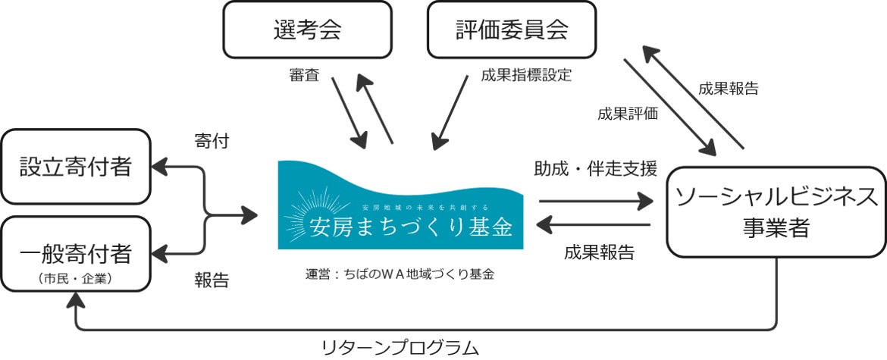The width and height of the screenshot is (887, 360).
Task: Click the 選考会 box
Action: click(x=307, y=30)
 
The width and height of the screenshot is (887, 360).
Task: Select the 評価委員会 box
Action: click(x=513, y=30)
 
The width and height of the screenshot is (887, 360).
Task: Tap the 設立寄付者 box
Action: click(x=75, y=166)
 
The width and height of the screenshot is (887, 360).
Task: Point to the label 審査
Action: click(x=306, y=75)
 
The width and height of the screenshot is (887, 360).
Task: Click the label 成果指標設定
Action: click(x=525, y=75)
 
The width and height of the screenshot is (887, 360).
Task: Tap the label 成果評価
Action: click(x=627, y=114)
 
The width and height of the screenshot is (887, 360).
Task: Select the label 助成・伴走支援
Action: click(x=595, y=167)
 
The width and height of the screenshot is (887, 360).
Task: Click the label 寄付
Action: click(x=212, y=141)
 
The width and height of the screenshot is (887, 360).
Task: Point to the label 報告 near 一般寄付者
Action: click(x=212, y=280)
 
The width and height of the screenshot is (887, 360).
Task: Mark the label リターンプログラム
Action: click(x=400, y=348)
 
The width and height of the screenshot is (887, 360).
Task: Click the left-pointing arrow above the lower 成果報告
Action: click(x=595, y=225)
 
